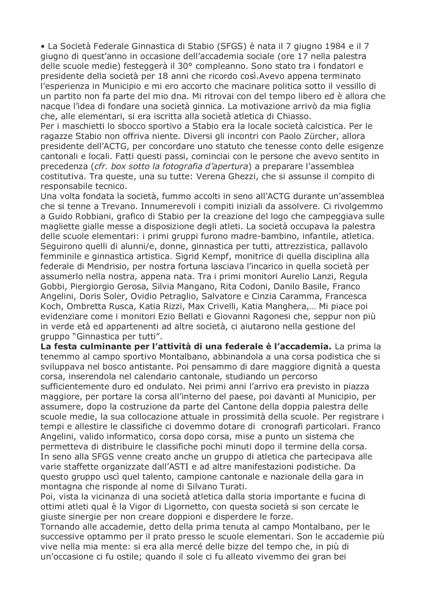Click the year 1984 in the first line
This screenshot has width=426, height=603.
[342, 46]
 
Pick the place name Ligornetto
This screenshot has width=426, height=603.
[159, 506]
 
